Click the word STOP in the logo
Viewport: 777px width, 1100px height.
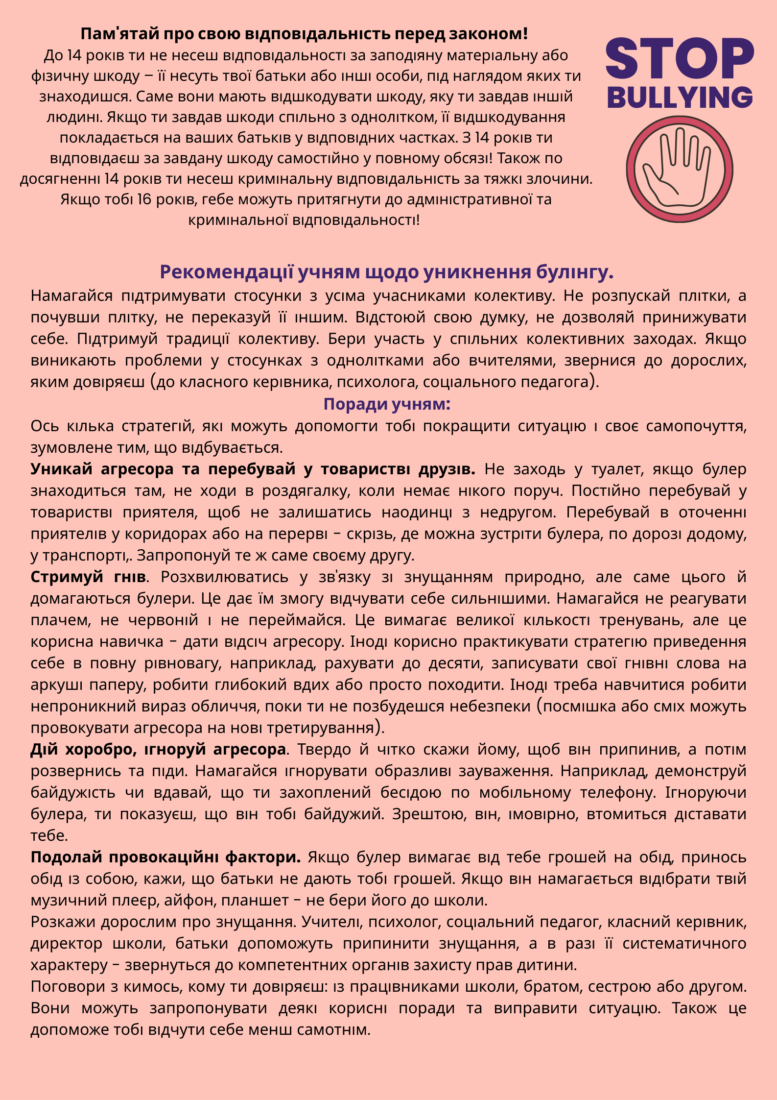(680, 59)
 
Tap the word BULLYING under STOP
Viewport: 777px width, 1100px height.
(680, 98)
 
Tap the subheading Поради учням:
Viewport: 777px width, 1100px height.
(387, 404)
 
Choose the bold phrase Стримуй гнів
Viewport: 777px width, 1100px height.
(88, 577)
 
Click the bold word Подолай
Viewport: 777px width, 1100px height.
(67, 857)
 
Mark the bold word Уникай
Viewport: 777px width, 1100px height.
(61, 469)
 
